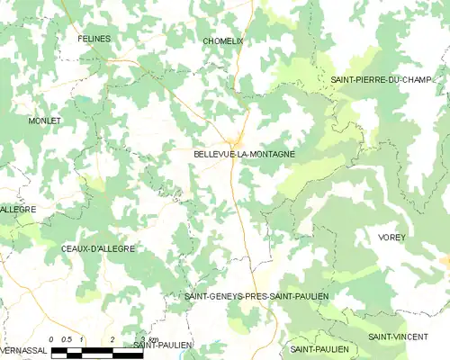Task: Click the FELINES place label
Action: click(94, 39)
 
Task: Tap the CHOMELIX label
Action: click(223, 40)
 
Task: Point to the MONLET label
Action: click(45, 121)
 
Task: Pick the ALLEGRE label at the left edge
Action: click(18, 209)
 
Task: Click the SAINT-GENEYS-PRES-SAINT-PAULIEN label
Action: click(256, 296)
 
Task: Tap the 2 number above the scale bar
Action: click(112, 339)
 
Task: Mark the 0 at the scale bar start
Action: click(52, 339)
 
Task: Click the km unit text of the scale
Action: click(154, 339)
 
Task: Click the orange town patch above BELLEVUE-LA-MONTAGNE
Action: click(238, 140)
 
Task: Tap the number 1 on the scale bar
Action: click(82, 339)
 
